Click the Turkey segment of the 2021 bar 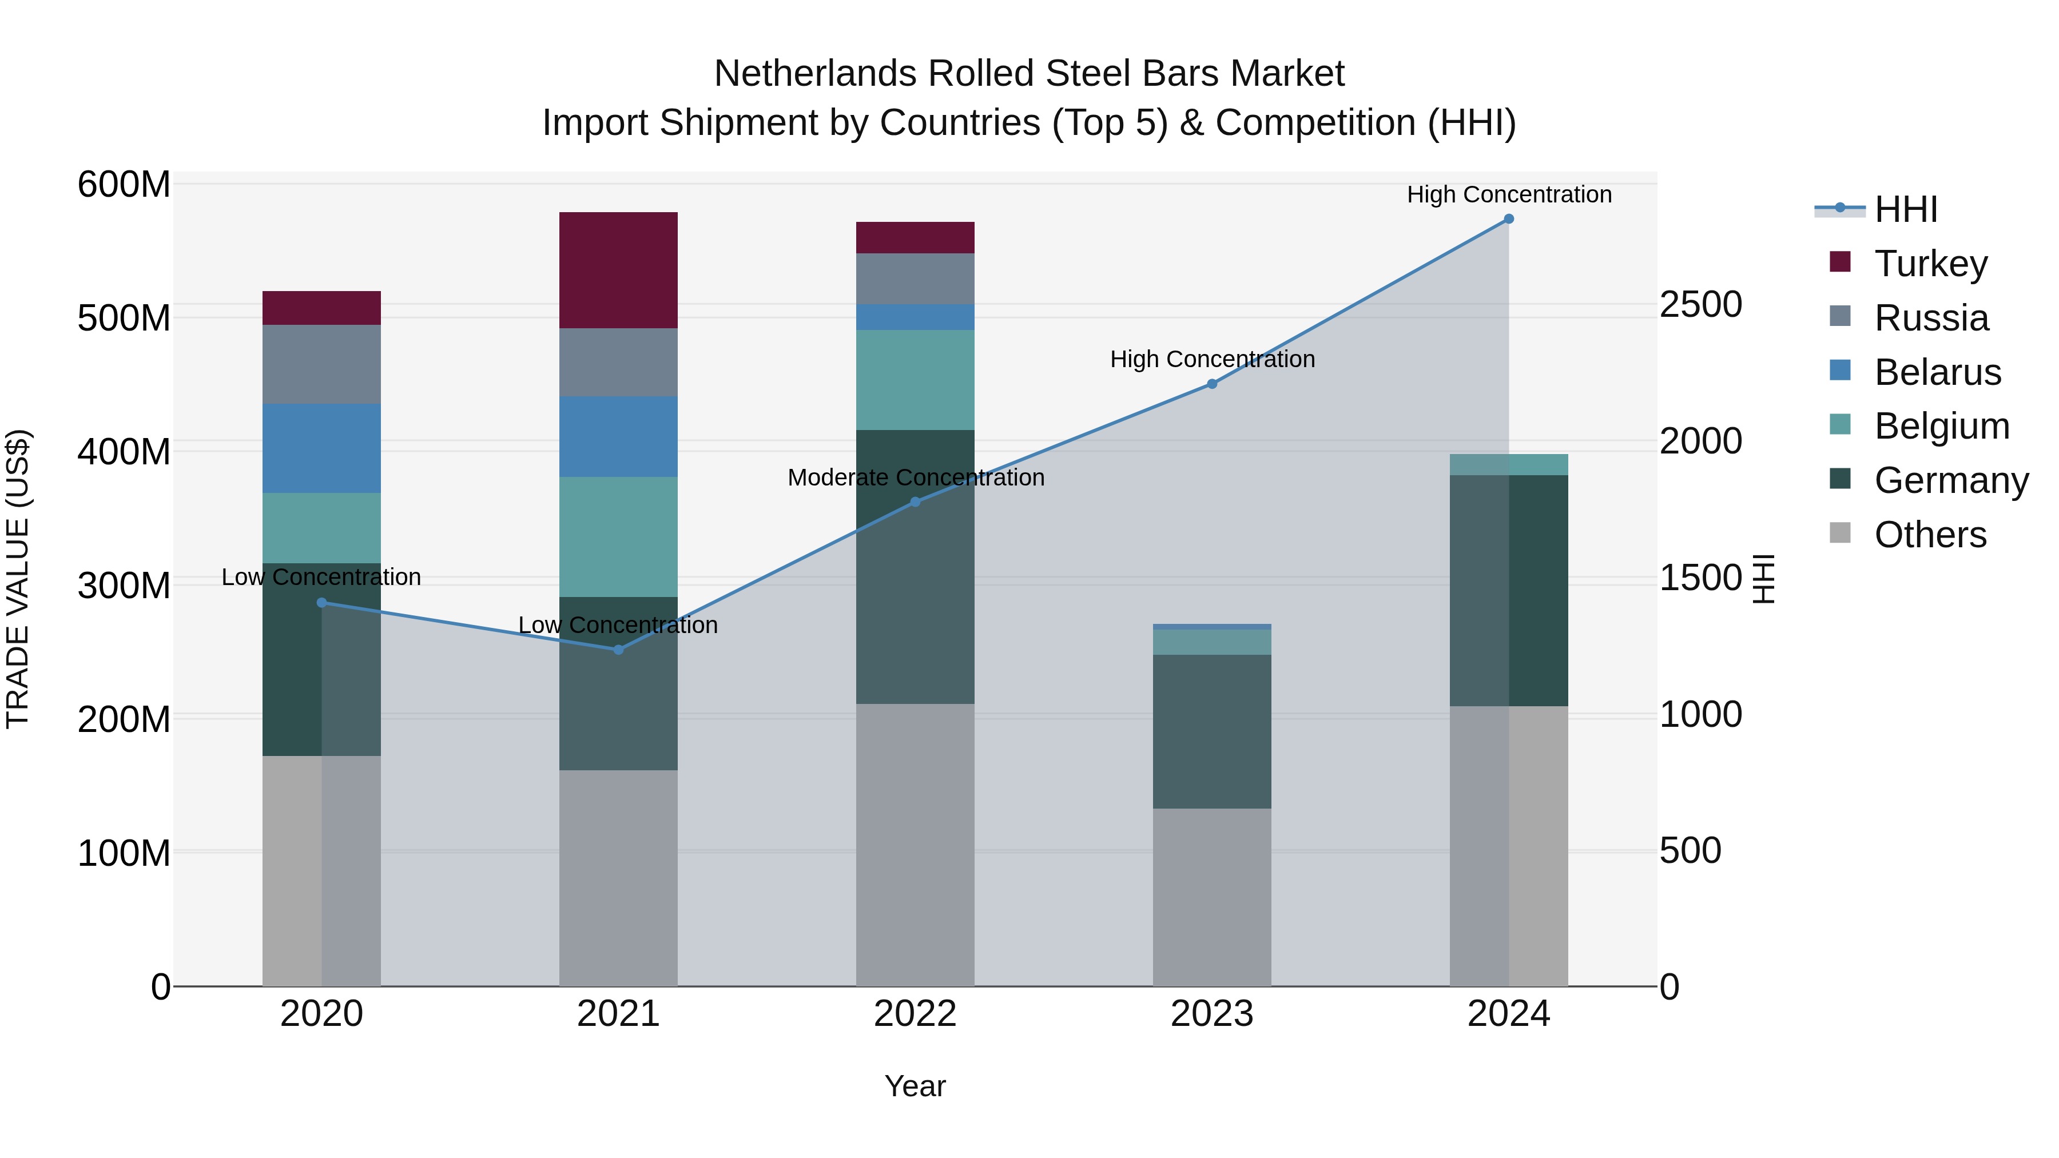tap(618, 270)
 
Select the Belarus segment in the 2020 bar tap(321, 448)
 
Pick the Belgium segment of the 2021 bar tap(618, 536)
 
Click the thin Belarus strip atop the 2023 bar tap(1212, 627)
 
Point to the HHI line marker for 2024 tap(1508, 219)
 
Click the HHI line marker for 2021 tap(618, 650)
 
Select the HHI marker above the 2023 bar tap(1212, 384)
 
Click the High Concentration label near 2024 tap(1508, 194)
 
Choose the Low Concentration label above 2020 tap(321, 577)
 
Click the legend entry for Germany tap(1950, 480)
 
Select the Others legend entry tap(1930, 535)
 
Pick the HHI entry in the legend tap(1906, 209)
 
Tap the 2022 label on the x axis tap(915, 1014)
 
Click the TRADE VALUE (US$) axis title tap(18, 579)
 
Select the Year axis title tap(915, 1086)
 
